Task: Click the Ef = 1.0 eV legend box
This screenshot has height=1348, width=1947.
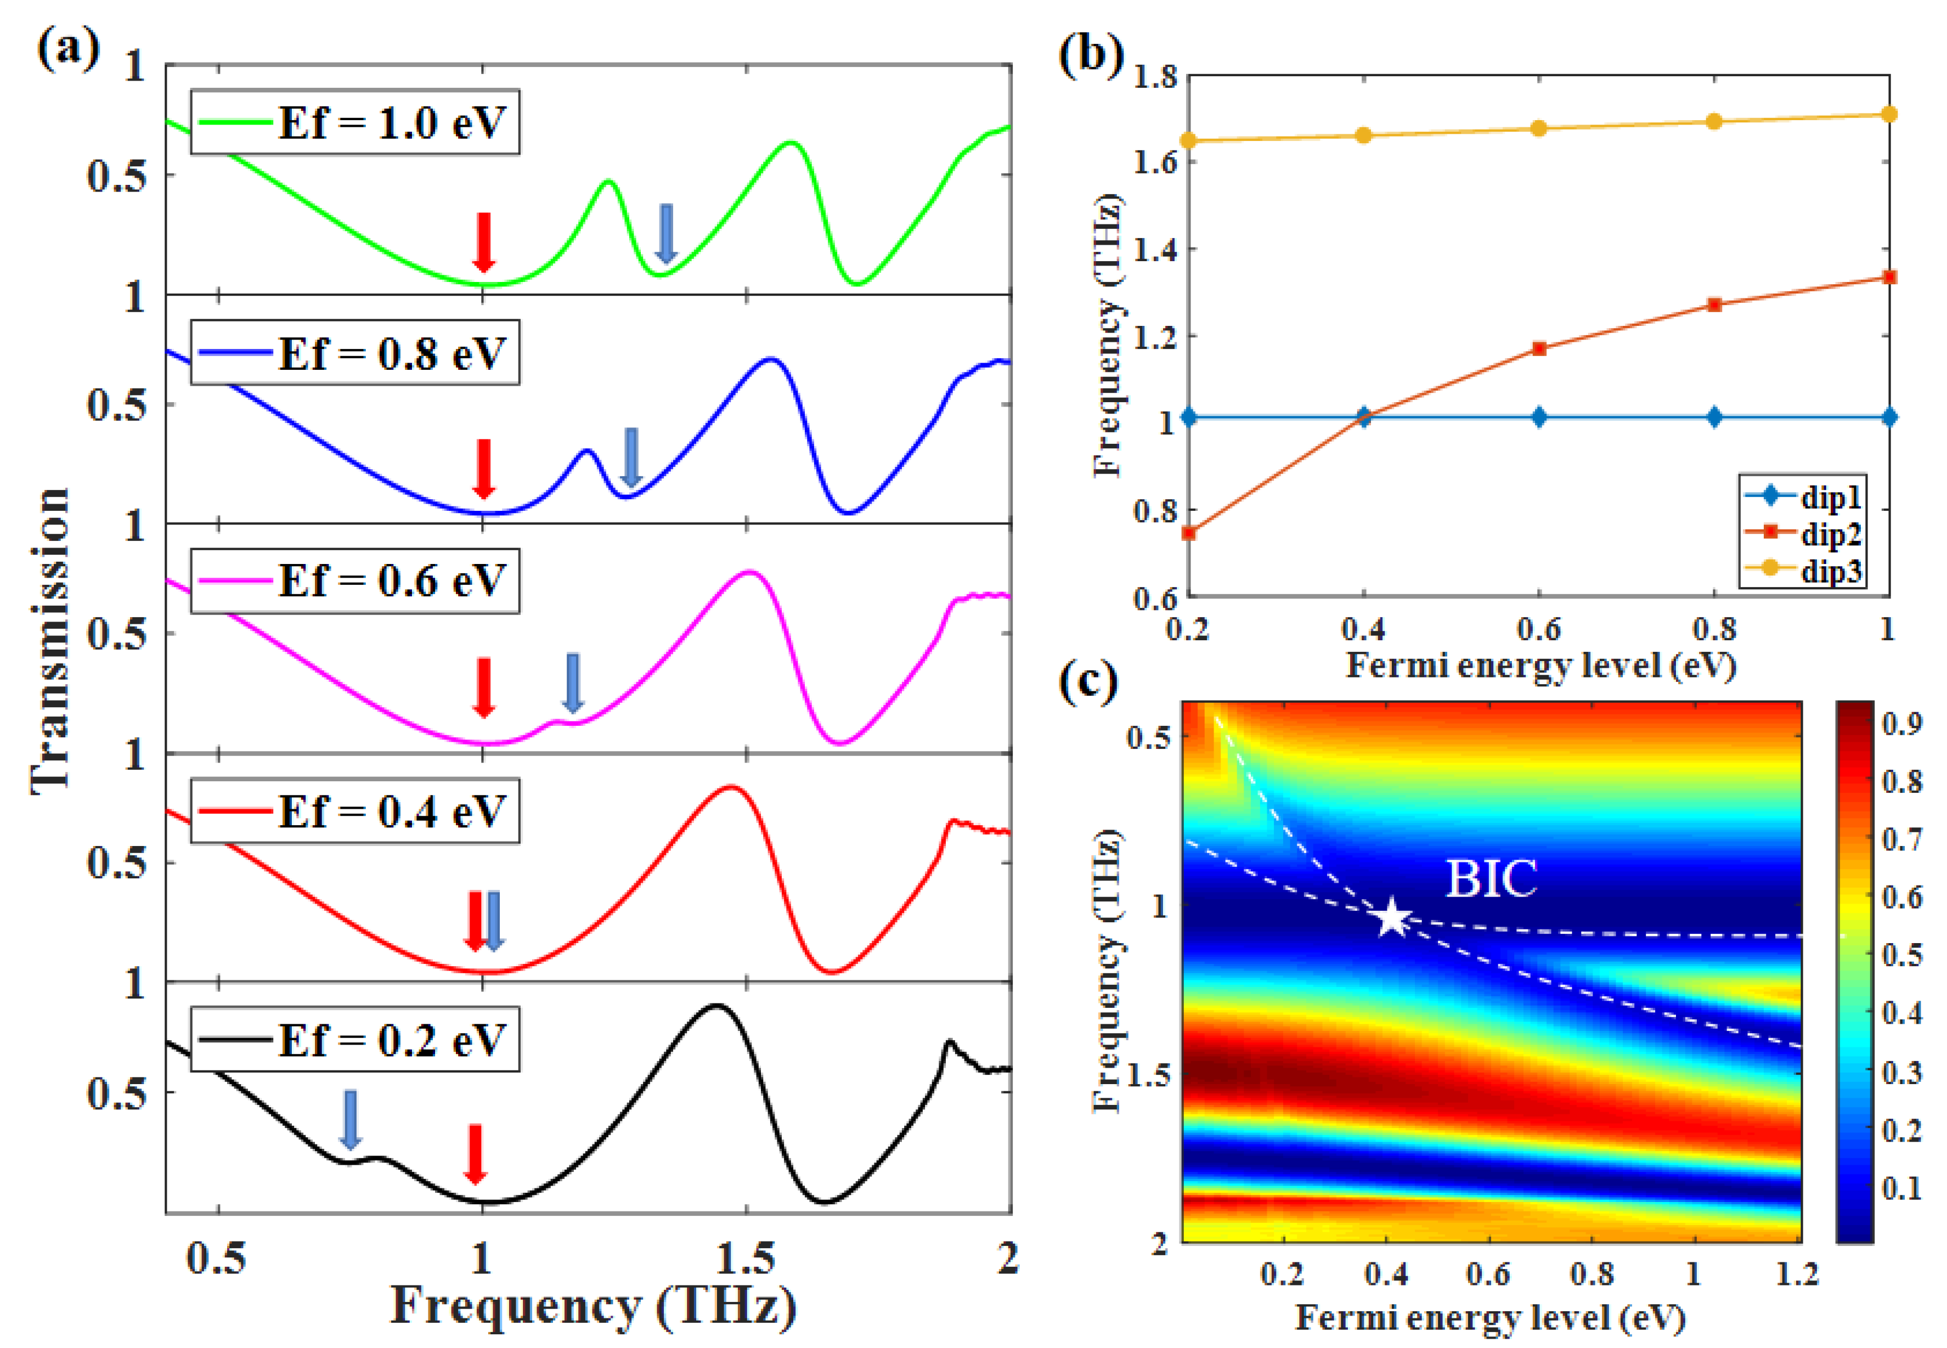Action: (x=354, y=122)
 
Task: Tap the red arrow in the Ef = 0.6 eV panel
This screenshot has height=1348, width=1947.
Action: (x=483, y=687)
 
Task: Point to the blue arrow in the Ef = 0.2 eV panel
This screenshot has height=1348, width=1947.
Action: (x=349, y=1119)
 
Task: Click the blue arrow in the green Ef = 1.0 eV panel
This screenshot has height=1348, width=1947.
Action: (x=666, y=233)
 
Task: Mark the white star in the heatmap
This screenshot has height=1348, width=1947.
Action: (x=1391, y=918)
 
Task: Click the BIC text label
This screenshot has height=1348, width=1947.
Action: (x=1491, y=879)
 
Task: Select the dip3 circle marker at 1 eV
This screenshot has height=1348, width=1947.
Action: (x=1889, y=114)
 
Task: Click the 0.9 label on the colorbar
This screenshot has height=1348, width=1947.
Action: (x=1902, y=724)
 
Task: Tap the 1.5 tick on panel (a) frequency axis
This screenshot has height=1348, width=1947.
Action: (x=746, y=1259)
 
